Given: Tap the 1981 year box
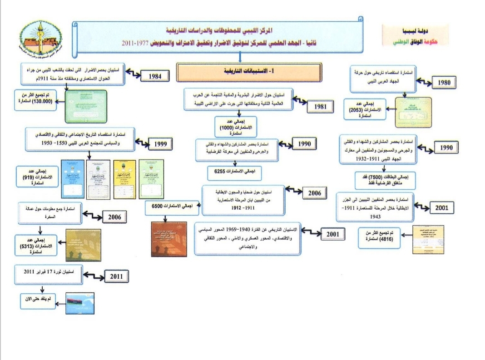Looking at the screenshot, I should [321, 107].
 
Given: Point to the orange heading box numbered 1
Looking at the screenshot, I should [249, 72].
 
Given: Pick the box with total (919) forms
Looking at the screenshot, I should [37, 178].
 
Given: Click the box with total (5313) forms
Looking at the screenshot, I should [38, 245].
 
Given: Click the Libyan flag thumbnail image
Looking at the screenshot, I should [80, 303].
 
